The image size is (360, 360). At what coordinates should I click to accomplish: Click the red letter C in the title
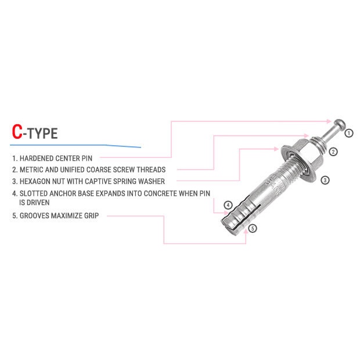coord(17,132)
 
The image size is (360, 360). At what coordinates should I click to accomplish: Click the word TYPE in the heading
coord(42,134)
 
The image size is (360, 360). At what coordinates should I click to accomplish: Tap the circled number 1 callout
coord(349,133)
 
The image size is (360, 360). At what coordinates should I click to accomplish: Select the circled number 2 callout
coord(333,152)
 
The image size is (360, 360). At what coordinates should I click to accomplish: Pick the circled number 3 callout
coord(325,180)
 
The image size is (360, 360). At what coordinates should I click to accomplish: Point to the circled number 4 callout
coord(228,205)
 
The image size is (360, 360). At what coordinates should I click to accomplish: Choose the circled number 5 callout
coord(253,228)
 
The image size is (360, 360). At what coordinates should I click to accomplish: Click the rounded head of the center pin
coord(340,124)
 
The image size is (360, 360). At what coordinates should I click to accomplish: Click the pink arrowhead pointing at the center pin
coord(329,121)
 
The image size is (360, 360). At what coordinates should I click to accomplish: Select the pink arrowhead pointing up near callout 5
coord(246,231)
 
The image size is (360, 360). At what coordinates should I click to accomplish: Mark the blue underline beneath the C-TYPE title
coord(75,146)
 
